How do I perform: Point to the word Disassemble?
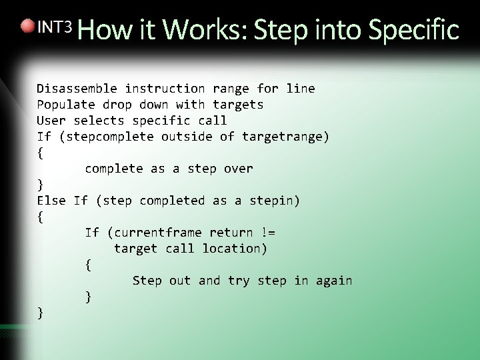click(x=77, y=89)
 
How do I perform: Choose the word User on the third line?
click(x=51, y=121)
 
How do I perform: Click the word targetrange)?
click(x=285, y=137)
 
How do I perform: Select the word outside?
click(x=187, y=137)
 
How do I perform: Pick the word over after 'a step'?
click(x=238, y=169)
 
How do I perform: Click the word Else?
click(x=51, y=201)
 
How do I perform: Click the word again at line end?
click(x=333, y=281)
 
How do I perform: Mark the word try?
click(x=238, y=281)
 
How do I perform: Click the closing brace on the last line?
click(x=41, y=312)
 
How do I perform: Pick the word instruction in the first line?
click(x=165, y=89)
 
